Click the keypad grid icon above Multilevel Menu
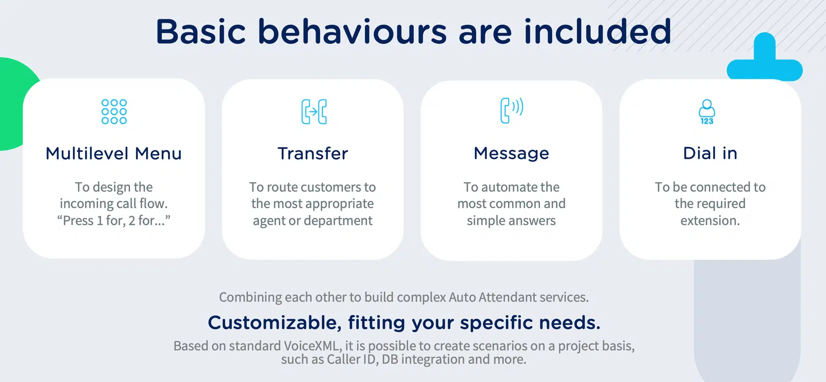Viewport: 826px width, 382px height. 114,112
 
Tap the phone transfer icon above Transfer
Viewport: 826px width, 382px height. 314,112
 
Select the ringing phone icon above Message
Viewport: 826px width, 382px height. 512,110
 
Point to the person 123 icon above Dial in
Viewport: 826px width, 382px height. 707,112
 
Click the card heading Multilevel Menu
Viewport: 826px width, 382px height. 114,153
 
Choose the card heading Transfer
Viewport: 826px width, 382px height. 313,153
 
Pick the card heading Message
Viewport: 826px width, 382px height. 512,153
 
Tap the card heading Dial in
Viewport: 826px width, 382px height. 710,153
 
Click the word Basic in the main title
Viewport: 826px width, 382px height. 201,31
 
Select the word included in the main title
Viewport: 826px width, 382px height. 597,31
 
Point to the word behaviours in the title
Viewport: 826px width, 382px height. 352,31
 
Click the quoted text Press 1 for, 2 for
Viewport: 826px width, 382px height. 114,221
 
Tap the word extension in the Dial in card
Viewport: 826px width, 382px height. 710,221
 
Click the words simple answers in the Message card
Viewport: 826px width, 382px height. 512,221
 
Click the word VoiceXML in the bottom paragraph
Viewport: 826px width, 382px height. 312,346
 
